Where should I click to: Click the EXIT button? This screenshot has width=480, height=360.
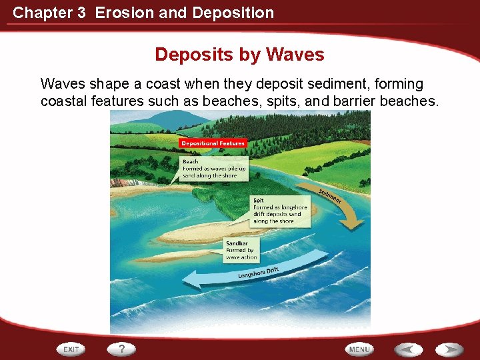click(x=71, y=349)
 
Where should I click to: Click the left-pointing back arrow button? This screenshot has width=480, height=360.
click(x=407, y=349)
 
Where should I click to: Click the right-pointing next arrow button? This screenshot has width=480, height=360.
click(x=449, y=349)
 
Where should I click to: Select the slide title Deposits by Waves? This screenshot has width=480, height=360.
click(x=239, y=55)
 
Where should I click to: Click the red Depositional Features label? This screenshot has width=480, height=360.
click(x=213, y=143)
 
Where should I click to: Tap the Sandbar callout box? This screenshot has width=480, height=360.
click(x=241, y=250)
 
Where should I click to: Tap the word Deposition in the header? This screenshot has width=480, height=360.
click(x=234, y=13)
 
